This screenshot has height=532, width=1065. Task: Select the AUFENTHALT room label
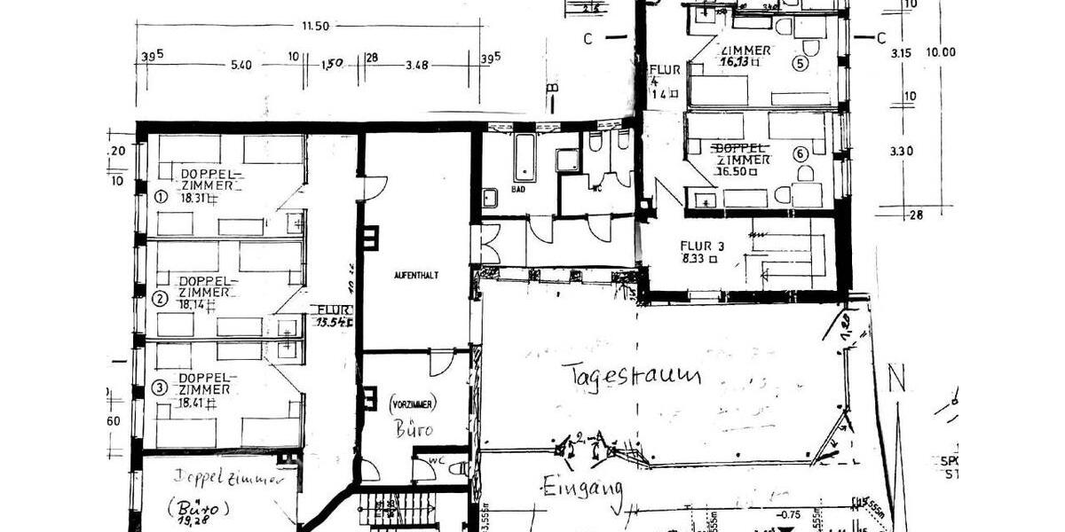pyautogui.click(x=416, y=276)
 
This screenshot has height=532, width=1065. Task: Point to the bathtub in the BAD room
pyautogui.click(x=525, y=158)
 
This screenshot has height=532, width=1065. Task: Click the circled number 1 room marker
pyautogui.click(x=161, y=198)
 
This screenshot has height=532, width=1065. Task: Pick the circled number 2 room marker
pyautogui.click(x=160, y=299)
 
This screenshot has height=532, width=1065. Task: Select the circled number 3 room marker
pyautogui.click(x=160, y=387)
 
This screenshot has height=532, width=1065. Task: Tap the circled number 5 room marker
pyautogui.click(x=801, y=64)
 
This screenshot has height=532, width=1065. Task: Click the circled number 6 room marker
pyautogui.click(x=801, y=153)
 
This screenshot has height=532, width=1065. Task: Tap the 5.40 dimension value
pyautogui.click(x=241, y=65)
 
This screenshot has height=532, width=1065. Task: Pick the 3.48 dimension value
pyautogui.click(x=417, y=65)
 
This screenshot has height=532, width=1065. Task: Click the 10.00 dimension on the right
pyautogui.click(x=940, y=52)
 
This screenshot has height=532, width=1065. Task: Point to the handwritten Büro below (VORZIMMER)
pyautogui.click(x=414, y=430)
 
